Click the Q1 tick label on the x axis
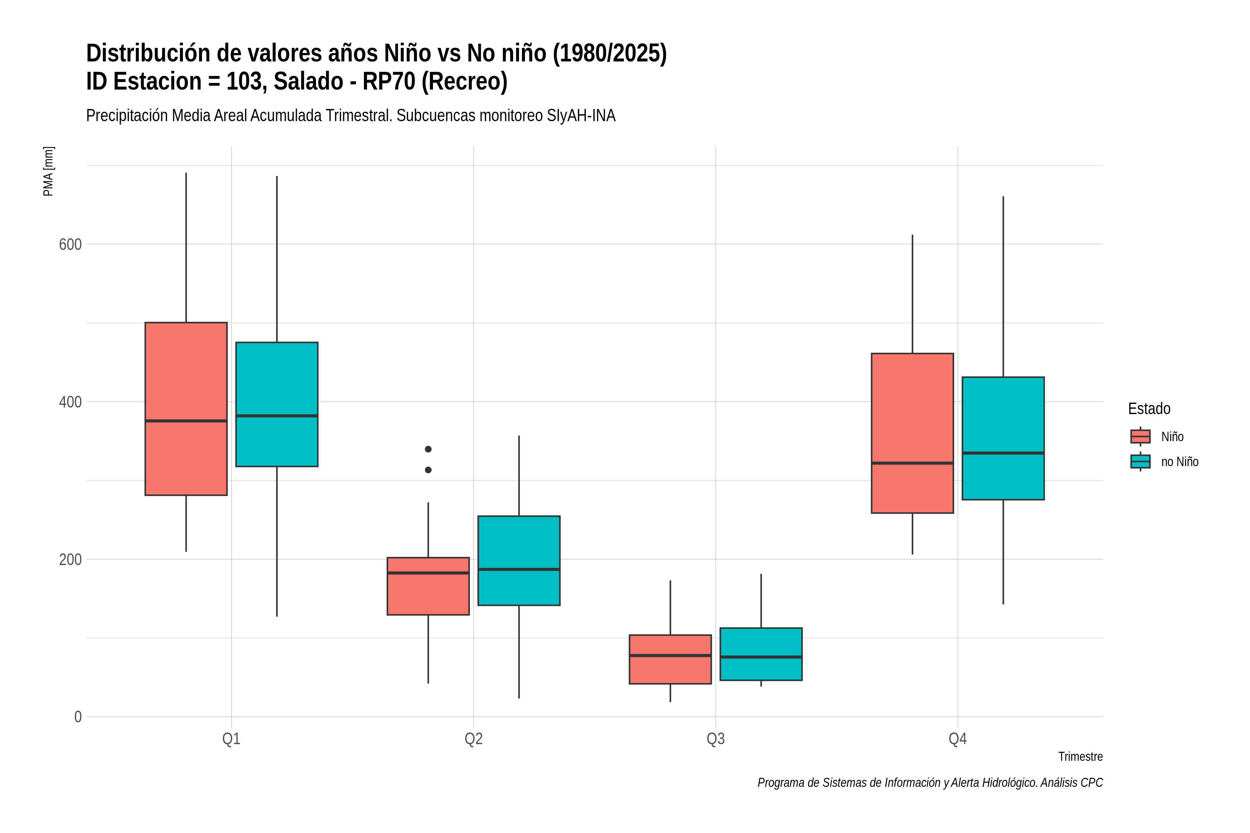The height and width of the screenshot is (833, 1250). (x=231, y=739)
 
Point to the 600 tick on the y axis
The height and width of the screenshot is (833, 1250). (x=70, y=244)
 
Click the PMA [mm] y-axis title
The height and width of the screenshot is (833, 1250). (x=48, y=171)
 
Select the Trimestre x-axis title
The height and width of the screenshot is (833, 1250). (x=1081, y=757)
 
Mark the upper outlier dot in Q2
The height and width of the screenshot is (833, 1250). (x=428, y=449)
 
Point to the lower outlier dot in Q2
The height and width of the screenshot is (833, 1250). (x=428, y=470)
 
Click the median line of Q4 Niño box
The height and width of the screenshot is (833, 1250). (x=912, y=463)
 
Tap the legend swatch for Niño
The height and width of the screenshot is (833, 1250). (x=1141, y=437)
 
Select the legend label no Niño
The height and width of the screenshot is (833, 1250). (x=1180, y=462)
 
